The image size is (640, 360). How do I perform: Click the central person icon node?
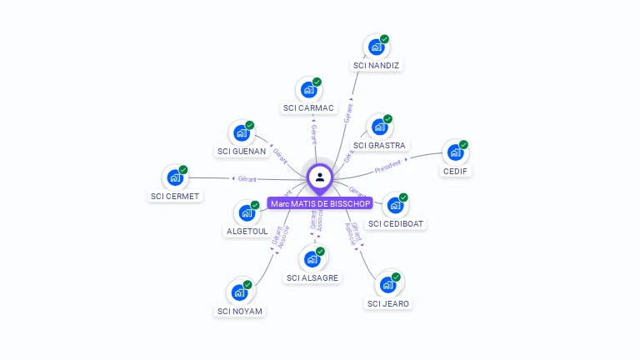pos(320,177)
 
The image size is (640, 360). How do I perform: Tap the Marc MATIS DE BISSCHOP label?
pos(320,203)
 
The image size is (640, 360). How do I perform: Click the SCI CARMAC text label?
pos(308,108)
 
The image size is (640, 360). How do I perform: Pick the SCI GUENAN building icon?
pos(242,132)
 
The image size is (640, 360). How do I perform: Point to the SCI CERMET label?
pos(175,196)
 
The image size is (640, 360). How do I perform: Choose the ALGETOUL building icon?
pos(247,212)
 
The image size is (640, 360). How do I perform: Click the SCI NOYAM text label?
pos(240,311)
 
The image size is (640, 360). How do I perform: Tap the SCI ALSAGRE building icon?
pos(313,258)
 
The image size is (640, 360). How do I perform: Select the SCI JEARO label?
pos(388,303)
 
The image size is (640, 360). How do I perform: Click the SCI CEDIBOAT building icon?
pos(395,205)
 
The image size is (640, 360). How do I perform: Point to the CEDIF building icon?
pos(455,152)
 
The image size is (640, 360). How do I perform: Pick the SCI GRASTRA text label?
pos(379,146)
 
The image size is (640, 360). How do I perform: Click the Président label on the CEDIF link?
pos(387,165)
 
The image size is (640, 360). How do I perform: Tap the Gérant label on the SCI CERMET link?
pos(247,178)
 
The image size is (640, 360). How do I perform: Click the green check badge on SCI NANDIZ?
pos(385,38)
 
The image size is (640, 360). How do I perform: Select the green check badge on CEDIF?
pos(463,144)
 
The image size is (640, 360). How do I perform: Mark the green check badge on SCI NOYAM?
pos(247,284)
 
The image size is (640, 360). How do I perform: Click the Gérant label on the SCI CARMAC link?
pos(313,133)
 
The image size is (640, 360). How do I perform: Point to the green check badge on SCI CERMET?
pos(183,169)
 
